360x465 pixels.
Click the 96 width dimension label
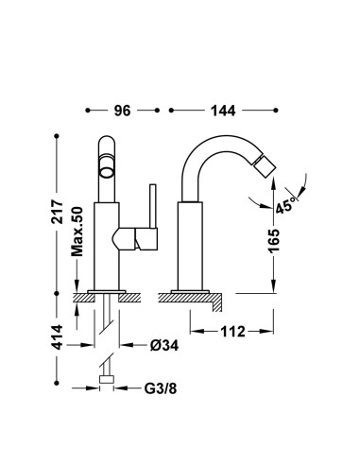[122, 111]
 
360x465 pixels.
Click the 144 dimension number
[223, 111]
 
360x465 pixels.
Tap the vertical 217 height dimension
[58, 211]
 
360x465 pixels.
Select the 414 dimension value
[58, 337]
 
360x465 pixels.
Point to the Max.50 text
[77, 232]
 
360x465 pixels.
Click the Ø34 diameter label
[164, 345]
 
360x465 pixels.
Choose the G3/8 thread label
[161, 388]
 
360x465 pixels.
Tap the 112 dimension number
[232, 332]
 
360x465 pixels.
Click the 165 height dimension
[274, 241]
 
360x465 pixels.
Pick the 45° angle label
[286, 206]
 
